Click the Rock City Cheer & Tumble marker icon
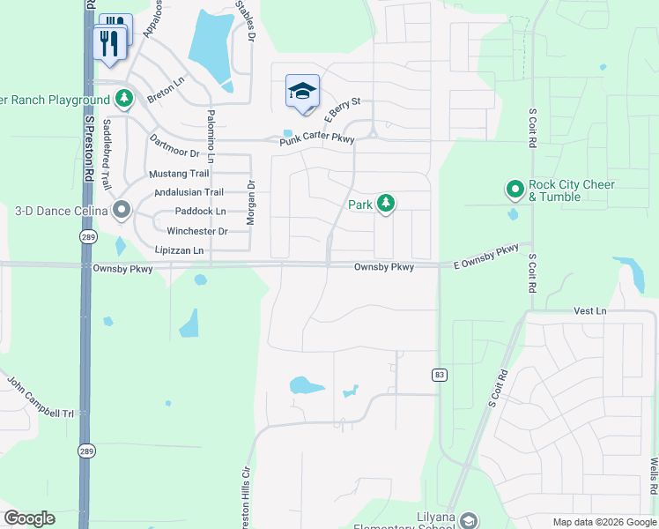coord(515,190)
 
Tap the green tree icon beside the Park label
coord(385,204)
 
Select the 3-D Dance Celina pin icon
coord(122,211)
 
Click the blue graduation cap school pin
coord(302,91)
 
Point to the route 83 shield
coord(439,375)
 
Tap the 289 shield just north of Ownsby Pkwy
coord(87,238)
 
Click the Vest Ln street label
coord(590,311)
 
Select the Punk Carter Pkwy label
coord(317,139)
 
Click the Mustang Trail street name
coord(179,174)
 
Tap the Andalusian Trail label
coord(189,192)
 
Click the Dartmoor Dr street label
coord(174,146)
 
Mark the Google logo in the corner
coord(29,518)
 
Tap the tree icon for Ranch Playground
coord(125,99)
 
